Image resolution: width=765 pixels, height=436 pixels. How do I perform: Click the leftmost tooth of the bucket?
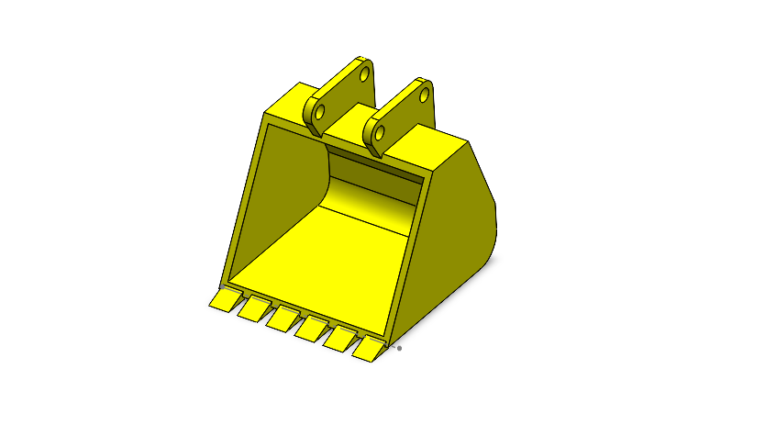pyautogui.click(x=223, y=300)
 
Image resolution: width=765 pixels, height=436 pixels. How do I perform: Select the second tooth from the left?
pyautogui.click(x=251, y=309)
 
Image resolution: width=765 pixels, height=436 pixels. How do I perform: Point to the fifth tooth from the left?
pyautogui.click(x=341, y=337)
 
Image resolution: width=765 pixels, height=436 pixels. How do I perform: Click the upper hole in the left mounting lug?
pyautogui.click(x=364, y=72)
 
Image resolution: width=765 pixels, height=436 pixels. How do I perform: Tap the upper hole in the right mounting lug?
pyautogui.click(x=425, y=94)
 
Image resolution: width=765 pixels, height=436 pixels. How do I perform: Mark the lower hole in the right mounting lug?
pyautogui.click(x=378, y=134)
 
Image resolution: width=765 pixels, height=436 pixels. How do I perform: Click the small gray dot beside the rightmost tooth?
pyautogui.click(x=399, y=349)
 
